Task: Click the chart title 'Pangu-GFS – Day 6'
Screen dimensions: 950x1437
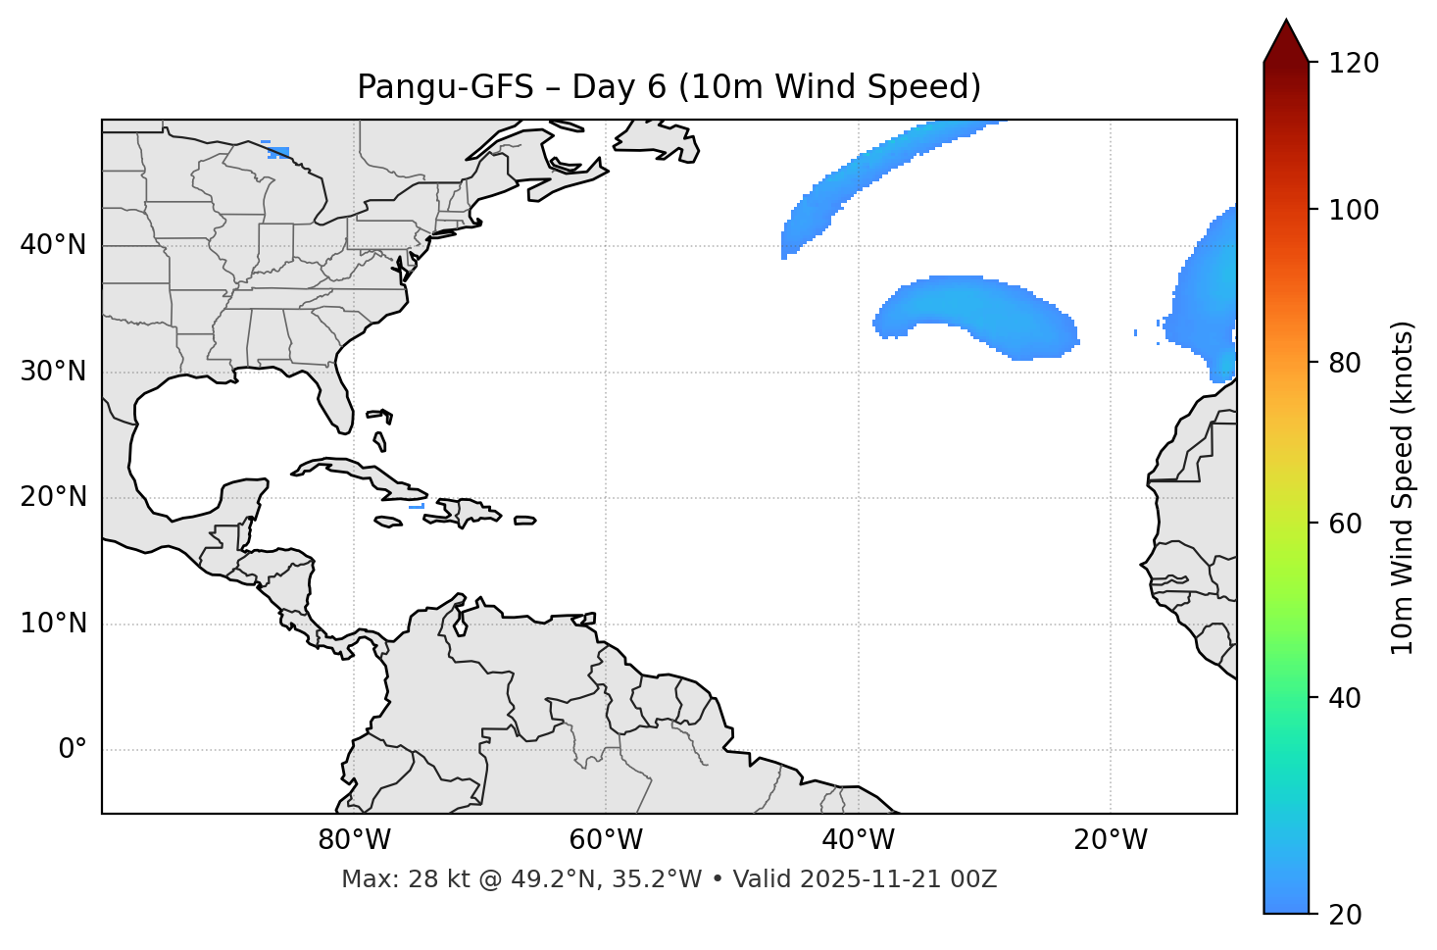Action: click(x=669, y=87)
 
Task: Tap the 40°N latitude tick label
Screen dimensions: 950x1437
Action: click(x=53, y=245)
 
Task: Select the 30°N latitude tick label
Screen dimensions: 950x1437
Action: click(x=53, y=372)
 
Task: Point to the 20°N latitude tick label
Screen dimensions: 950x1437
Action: click(x=53, y=497)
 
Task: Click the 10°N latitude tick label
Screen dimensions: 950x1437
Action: click(x=53, y=624)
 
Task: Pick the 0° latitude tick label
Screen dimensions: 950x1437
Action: click(x=72, y=750)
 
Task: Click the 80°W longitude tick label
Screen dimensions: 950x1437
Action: click(x=354, y=840)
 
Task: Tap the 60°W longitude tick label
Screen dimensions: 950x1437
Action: click(x=606, y=840)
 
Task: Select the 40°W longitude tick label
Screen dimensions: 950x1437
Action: click(x=858, y=840)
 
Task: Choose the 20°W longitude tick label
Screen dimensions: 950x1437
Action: click(x=1110, y=840)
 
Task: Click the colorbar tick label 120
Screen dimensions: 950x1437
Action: click(x=1353, y=64)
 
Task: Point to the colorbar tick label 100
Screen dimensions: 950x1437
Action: click(x=1353, y=210)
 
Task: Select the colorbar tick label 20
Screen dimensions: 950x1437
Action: click(x=1346, y=915)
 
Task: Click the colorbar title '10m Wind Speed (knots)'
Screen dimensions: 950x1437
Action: click(x=1403, y=487)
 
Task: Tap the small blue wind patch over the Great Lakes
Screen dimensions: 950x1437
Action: click(x=279, y=152)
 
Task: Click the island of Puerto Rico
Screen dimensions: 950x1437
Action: click(x=525, y=521)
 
